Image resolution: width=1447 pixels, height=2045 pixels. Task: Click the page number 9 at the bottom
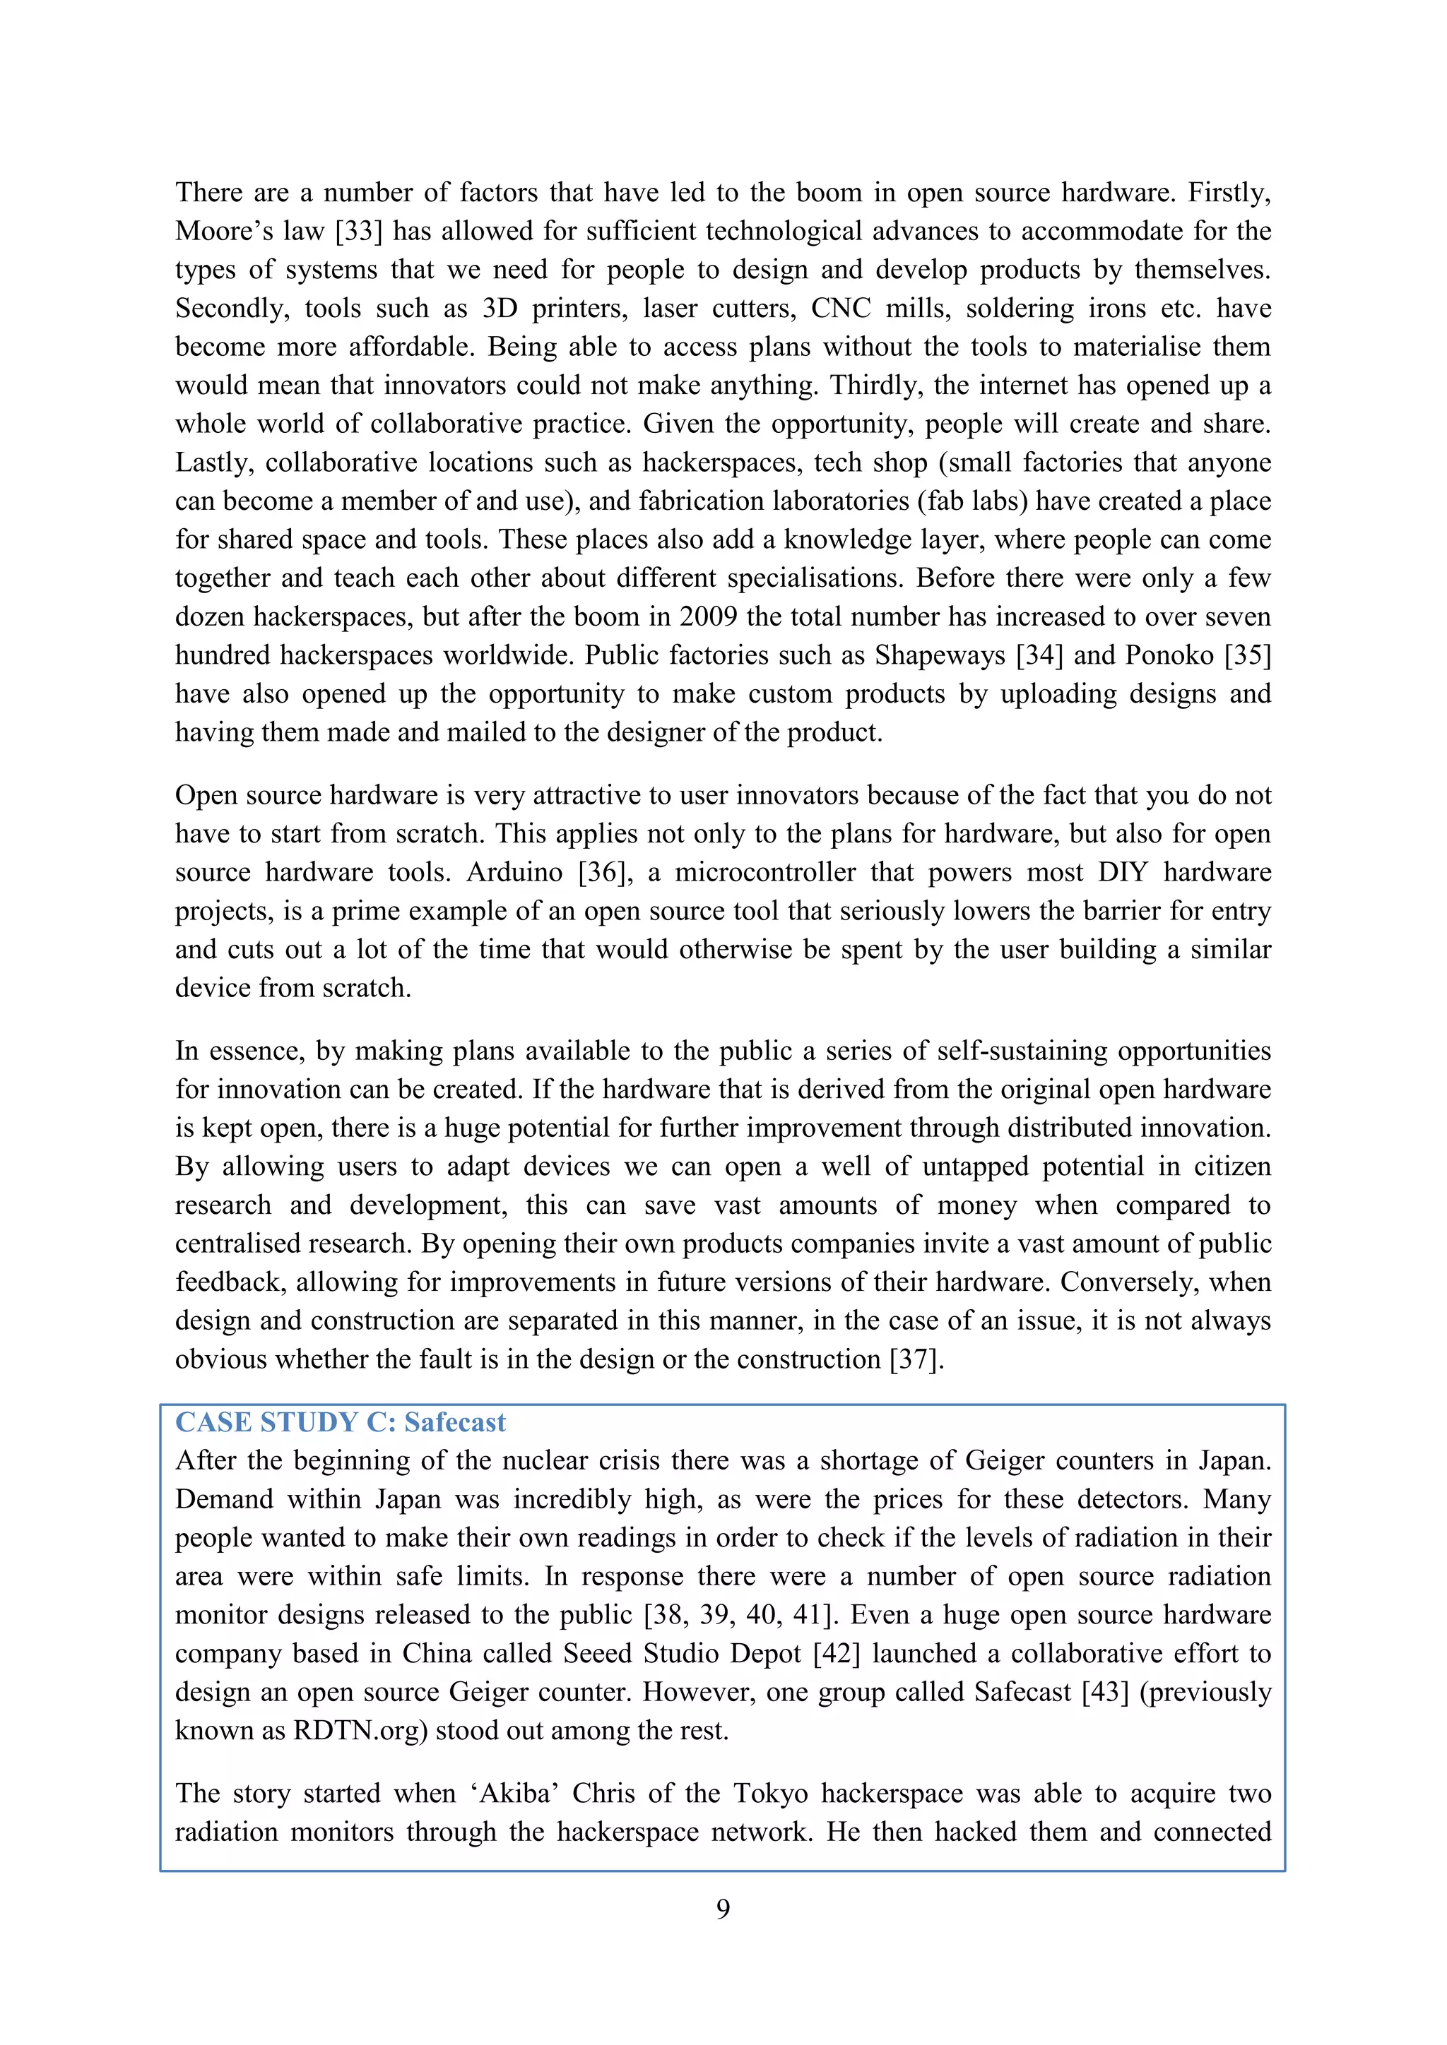[723, 1909]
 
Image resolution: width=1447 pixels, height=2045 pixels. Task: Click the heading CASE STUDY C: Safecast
[341, 1422]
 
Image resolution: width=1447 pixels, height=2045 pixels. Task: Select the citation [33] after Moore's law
[359, 232]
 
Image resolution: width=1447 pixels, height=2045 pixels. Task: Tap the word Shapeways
[939, 655]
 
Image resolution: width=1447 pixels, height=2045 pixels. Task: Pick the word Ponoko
[1169, 655]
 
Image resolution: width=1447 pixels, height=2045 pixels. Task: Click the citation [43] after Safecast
[1105, 1693]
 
